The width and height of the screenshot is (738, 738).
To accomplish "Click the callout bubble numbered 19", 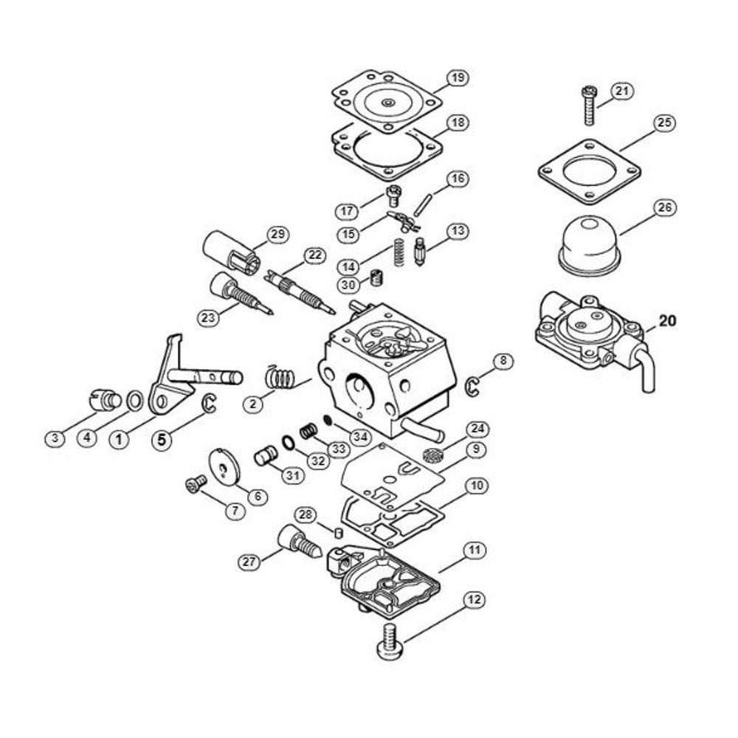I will (458, 77).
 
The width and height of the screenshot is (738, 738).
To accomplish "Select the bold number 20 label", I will (666, 320).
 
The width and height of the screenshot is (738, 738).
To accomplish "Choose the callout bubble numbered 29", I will (277, 235).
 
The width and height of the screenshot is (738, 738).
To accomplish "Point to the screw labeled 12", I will (390, 639).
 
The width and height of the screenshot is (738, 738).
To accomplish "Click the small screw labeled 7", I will (196, 485).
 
